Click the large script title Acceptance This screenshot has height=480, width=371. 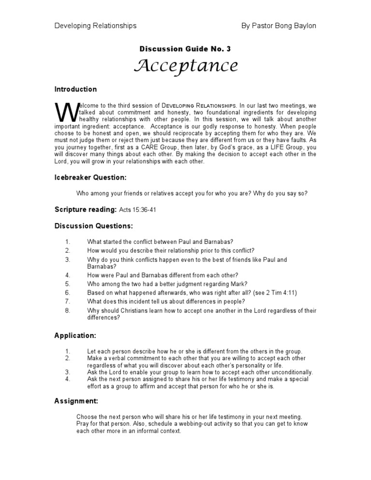click(x=185, y=66)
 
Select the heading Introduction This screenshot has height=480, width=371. click(x=75, y=89)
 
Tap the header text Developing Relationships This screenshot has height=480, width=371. click(x=95, y=26)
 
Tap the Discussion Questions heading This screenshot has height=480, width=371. click(x=94, y=226)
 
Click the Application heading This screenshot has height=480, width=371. click(x=75, y=335)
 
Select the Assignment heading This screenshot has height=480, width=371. click(x=76, y=400)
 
